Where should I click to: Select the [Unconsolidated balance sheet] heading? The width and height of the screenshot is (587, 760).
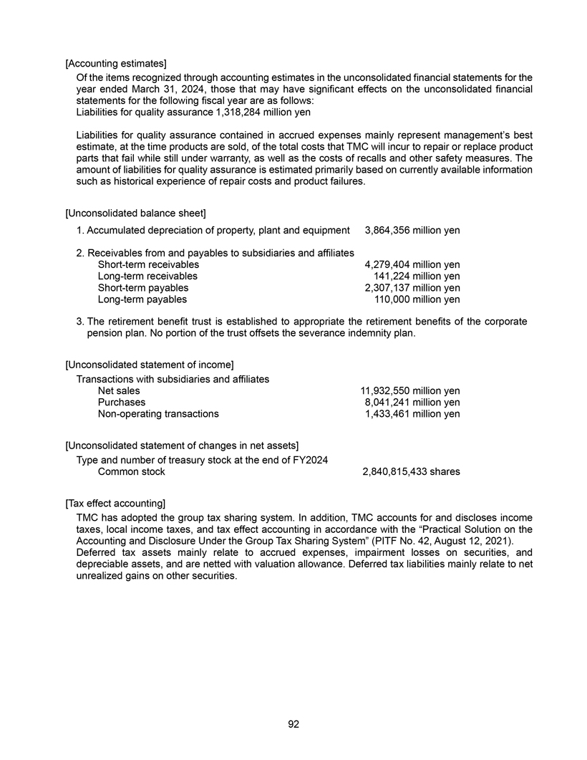point(135,213)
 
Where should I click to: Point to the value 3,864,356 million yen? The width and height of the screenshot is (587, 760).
point(412,231)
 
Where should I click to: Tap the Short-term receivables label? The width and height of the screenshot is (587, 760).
point(148,265)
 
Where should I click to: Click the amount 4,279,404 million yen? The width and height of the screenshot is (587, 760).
point(412,265)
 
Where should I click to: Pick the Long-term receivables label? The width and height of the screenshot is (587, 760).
point(147,276)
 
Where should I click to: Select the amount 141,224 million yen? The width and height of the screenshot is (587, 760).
point(417,276)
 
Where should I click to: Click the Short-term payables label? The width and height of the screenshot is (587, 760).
point(143,288)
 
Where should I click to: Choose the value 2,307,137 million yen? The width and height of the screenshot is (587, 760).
point(412,288)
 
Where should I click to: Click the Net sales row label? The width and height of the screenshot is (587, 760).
point(119,391)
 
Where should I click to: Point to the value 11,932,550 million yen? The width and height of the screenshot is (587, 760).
point(409,391)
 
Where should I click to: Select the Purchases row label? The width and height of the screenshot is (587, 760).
point(122,403)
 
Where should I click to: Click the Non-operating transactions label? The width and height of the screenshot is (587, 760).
point(158,414)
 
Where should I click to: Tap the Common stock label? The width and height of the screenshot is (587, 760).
point(131,472)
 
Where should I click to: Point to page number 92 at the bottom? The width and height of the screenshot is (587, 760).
point(293,724)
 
